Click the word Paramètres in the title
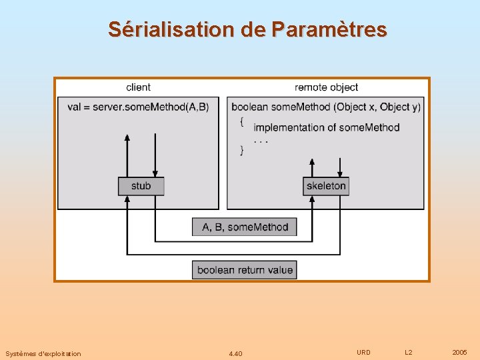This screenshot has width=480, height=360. click(329, 30)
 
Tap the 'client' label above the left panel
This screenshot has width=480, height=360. click(138, 87)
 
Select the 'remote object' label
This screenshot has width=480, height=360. click(326, 87)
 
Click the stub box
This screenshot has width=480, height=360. click(141, 186)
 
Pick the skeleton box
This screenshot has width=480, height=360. click(326, 186)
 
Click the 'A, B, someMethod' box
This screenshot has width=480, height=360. click(245, 227)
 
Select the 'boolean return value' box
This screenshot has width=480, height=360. click(245, 270)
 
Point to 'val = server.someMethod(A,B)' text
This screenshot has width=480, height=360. click(138, 107)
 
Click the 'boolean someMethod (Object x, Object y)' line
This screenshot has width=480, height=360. click(326, 107)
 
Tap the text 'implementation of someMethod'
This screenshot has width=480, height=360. click(327, 127)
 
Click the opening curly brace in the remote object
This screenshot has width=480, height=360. click(241, 121)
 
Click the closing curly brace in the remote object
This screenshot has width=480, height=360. click(241, 151)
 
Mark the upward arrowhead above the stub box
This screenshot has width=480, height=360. click(127, 138)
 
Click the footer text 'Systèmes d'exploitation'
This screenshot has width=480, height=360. click(43, 353)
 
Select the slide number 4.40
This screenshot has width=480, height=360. click(235, 353)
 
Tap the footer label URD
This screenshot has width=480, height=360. click(363, 352)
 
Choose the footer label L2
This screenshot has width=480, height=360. click(409, 352)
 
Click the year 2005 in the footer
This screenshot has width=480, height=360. click(459, 352)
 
